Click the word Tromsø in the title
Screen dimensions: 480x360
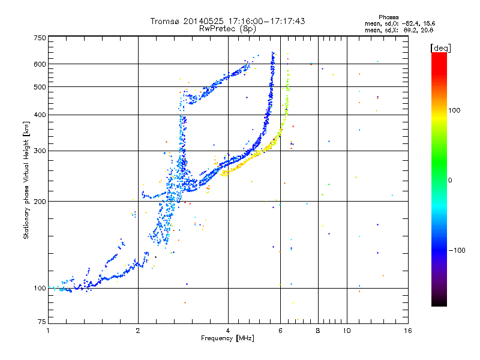point(166,21)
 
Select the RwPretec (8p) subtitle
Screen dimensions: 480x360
point(227,29)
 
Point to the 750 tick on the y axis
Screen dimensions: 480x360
point(40,38)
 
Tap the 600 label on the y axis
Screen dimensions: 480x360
point(40,64)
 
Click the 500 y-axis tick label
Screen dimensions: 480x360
point(40,87)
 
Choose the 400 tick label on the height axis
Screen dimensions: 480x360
point(40,115)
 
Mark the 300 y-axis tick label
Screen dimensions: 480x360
point(40,151)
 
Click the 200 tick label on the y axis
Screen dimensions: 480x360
point(40,202)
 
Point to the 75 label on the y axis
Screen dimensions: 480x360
point(42,322)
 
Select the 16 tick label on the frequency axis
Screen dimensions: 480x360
point(408,331)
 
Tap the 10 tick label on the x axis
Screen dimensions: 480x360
point(347,331)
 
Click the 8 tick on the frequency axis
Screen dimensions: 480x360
point(318,331)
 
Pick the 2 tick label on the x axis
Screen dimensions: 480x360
point(138,331)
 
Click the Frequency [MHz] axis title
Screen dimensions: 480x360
point(227,338)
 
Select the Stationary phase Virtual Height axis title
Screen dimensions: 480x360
point(26,181)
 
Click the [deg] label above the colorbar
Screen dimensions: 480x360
point(440,48)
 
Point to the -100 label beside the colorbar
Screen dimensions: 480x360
point(457,250)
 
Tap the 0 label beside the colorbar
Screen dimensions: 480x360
point(450,180)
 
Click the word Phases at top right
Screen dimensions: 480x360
point(388,17)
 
